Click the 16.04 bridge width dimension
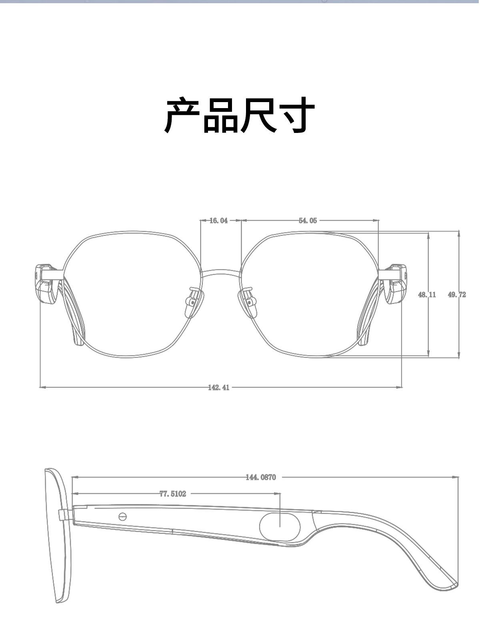pyautogui.click(x=218, y=221)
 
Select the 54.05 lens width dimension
pyautogui.click(x=308, y=221)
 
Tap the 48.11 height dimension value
pyautogui.click(x=427, y=295)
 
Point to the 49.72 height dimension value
pyautogui.click(x=457, y=295)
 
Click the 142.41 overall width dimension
pyautogui.click(x=219, y=388)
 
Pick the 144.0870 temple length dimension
pyautogui.click(x=261, y=477)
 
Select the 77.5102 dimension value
pyautogui.click(x=173, y=494)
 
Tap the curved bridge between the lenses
pyautogui.click(x=221, y=273)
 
